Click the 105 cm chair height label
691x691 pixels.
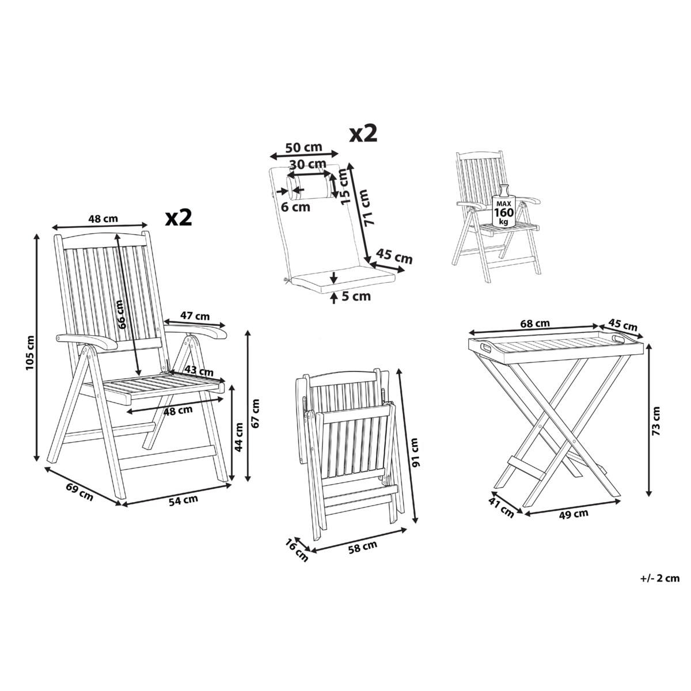(31, 353)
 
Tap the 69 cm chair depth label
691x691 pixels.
(79, 492)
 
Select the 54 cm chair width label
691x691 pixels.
(183, 500)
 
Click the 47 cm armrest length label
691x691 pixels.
(195, 316)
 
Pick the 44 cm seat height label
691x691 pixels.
(238, 436)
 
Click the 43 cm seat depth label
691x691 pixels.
(199, 370)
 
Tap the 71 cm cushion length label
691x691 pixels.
(369, 208)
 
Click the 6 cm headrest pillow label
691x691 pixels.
(295, 207)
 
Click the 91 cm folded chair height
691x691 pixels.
(415, 453)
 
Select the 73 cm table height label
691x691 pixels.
(656, 420)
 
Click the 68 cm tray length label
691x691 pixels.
(535, 324)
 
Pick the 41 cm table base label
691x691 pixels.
(501, 507)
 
